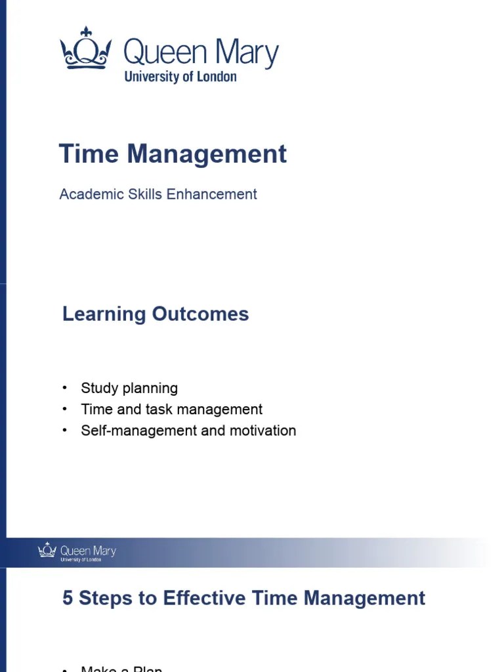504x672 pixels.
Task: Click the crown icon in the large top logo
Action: (85, 49)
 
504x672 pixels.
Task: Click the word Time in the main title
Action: (89, 154)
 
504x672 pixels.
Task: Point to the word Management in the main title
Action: (207, 154)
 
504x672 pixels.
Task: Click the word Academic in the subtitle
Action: (88, 194)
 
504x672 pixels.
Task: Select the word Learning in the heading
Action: (104, 314)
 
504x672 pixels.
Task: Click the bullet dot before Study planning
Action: (65, 387)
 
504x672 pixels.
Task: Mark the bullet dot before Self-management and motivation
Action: (65, 430)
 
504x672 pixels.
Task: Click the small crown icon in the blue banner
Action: (47, 550)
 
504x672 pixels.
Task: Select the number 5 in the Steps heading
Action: (68, 598)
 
